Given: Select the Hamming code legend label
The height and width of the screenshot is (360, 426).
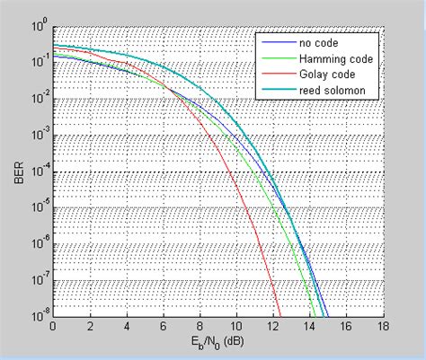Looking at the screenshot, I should point(330,57).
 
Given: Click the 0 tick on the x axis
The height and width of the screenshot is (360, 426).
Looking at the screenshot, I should point(54,327).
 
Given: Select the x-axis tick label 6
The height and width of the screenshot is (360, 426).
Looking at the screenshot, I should point(164,327).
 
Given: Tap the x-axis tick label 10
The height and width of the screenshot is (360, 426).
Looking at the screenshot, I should point(236,327).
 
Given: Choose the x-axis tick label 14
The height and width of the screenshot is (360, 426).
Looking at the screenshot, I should point(310,327).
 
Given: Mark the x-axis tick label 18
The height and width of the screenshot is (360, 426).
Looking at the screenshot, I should point(384,327).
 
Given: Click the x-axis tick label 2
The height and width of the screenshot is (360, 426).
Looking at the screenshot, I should point(91,327).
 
